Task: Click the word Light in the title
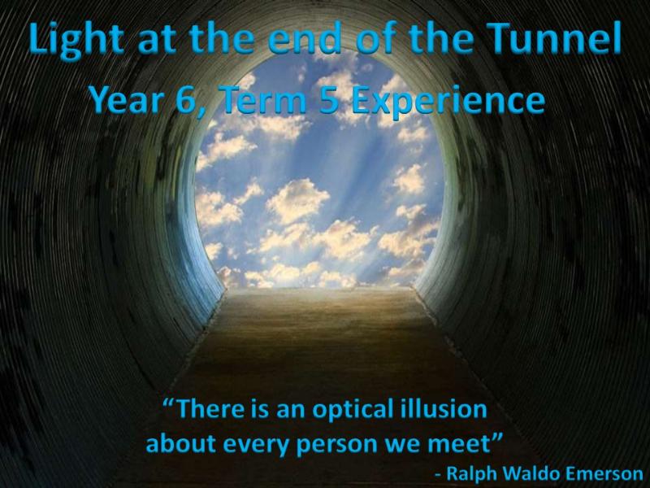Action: click(x=76, y=40)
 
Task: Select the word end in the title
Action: click(x=305, y=38)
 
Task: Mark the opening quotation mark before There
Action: click(x=169, y=403)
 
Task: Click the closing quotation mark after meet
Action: click(x=497, y=438)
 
